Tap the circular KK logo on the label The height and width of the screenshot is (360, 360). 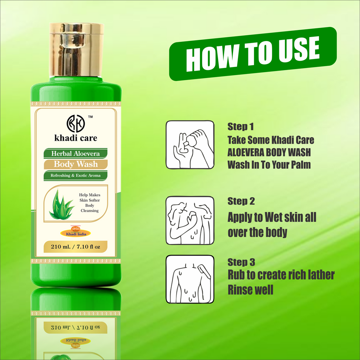tap(76, 123)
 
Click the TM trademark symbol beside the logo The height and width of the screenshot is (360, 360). tap(90, 116)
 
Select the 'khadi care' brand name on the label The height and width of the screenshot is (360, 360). tap(76, 137)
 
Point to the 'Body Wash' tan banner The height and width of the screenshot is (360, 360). tap(76, 164)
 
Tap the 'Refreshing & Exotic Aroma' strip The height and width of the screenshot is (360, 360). tap(75, 175)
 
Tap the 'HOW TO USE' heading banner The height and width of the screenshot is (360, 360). tap(253, 54)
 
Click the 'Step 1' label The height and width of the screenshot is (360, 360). tap(241, 127)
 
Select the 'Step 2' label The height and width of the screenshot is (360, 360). tap(241, 201)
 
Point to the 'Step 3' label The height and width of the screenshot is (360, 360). tap(241, 262)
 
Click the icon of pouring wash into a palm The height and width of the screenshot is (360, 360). tap(190, 145)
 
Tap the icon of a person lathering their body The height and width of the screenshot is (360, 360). tap(190, 220)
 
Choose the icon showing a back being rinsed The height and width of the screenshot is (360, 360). tap(190, 279)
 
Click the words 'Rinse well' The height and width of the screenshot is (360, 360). tap(250, 290)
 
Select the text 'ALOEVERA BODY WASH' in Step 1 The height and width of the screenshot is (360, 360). tap(269, 152)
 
